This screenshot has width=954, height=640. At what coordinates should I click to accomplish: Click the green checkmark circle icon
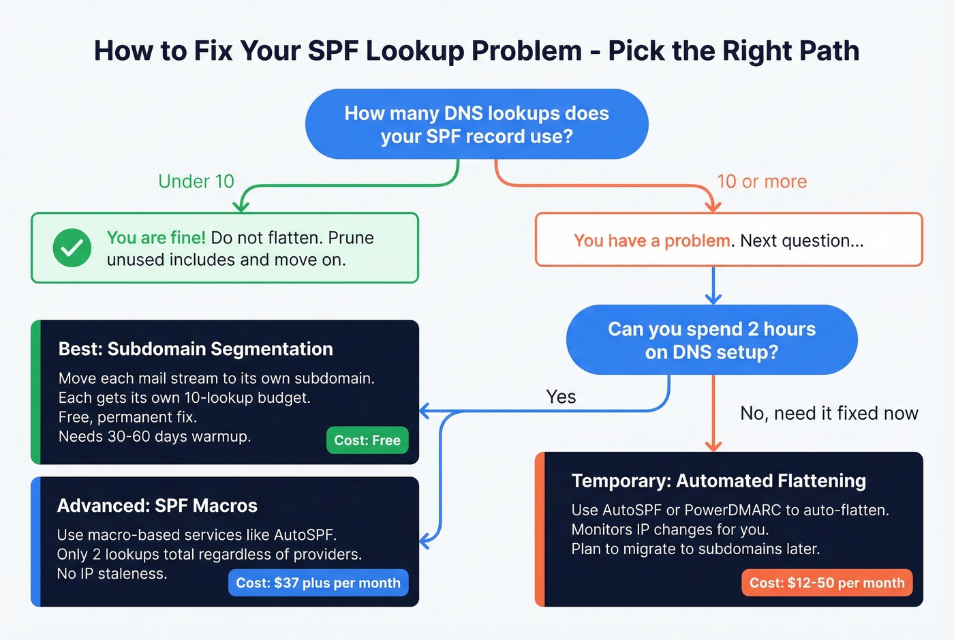pos(72,248)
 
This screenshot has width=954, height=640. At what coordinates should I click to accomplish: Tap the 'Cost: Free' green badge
pos(367,440)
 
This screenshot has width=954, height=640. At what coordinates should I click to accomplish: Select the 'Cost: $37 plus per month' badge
pos(318,583)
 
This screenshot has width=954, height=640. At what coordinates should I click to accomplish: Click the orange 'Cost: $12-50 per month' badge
pos(827,583)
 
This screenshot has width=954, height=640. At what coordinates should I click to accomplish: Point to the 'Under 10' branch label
pos(196,181)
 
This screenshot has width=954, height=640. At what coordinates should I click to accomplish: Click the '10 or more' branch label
pos(761,181)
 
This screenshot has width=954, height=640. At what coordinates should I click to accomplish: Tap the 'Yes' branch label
pos(561,397)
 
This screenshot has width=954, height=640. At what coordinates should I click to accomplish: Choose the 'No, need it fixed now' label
pos(829,413)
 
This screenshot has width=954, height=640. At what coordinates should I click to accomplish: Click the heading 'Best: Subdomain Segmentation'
pos(196,349)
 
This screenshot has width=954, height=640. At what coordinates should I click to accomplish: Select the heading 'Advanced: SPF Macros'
pos(157,506)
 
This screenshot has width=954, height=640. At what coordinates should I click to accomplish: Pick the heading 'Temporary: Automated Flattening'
pos(719,481)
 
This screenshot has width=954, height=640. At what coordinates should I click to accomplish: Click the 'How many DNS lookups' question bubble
pos(477,124)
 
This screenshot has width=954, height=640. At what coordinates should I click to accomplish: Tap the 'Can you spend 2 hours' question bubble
pos(711,340)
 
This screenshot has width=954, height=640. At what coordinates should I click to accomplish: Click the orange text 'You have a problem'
pos(652,241)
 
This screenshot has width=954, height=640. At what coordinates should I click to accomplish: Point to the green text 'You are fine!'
pos(156,238)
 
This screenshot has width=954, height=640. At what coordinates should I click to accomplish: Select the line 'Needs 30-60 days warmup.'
pos(155,436)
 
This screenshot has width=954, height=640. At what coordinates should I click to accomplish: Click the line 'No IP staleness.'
pos(112,574)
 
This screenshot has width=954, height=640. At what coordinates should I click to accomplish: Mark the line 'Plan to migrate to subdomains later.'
pos(696,549)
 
